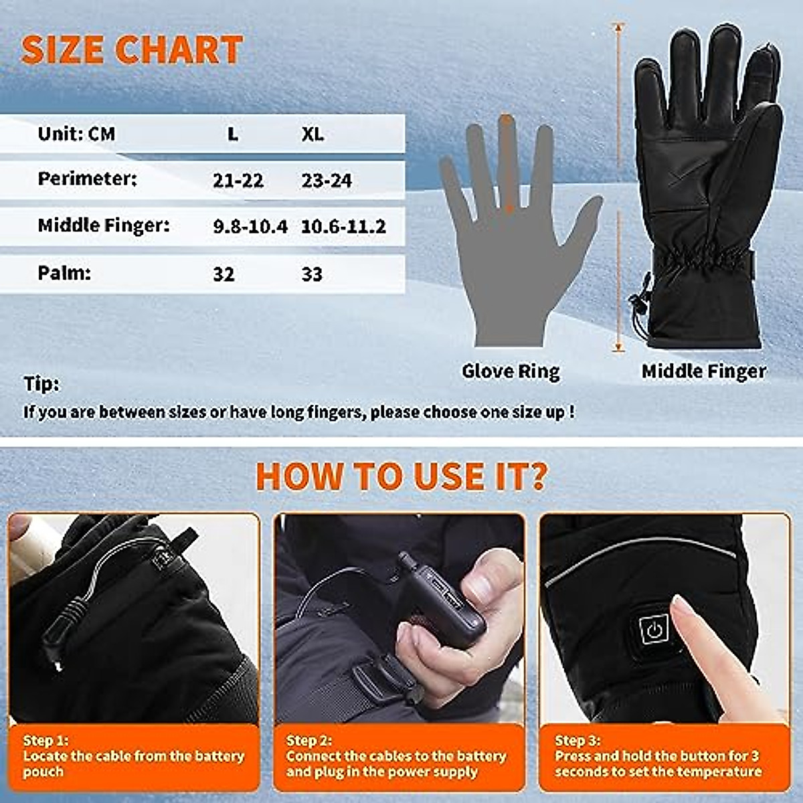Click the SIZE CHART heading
pos(132,50)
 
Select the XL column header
pos(312,134)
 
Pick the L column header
pos(232,134)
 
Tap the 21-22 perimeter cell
pos(238,180)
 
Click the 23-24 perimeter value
pos(327,180)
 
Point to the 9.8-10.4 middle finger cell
pos(250,226)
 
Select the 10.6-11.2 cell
pos(343,226)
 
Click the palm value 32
pos(224,274)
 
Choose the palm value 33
pos(312,274)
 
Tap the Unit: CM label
pos(76,134)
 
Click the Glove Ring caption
pos(511,371)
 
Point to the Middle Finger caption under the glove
pos(704,371)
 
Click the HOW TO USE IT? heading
pos(401,476)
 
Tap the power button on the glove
pos(654,629)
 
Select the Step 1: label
pos(46,740)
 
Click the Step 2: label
pos(309,740)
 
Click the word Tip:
pos(41,384)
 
